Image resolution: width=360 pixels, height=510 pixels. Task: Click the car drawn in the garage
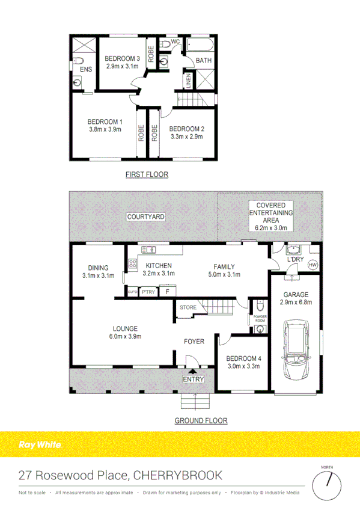coord(296,349)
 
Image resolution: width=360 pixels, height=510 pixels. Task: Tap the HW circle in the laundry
coord(313,265)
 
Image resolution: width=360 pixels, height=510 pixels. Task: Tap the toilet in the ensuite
coord(78,60)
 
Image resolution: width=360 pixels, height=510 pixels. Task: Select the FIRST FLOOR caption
coord(146,175)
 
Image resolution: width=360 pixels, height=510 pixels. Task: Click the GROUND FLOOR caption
coord(201,420)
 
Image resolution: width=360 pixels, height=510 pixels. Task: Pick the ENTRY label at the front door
coord(194,379)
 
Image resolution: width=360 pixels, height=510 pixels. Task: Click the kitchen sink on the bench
coord(148,250)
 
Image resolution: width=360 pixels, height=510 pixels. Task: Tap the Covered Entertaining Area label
coord(270,217)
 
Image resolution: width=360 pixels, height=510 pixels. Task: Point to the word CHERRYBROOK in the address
coord(178,476)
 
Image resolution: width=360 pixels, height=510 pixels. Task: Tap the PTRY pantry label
coord(148,292)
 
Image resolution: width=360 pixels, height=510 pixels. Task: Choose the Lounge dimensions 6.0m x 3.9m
coord(125,337)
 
